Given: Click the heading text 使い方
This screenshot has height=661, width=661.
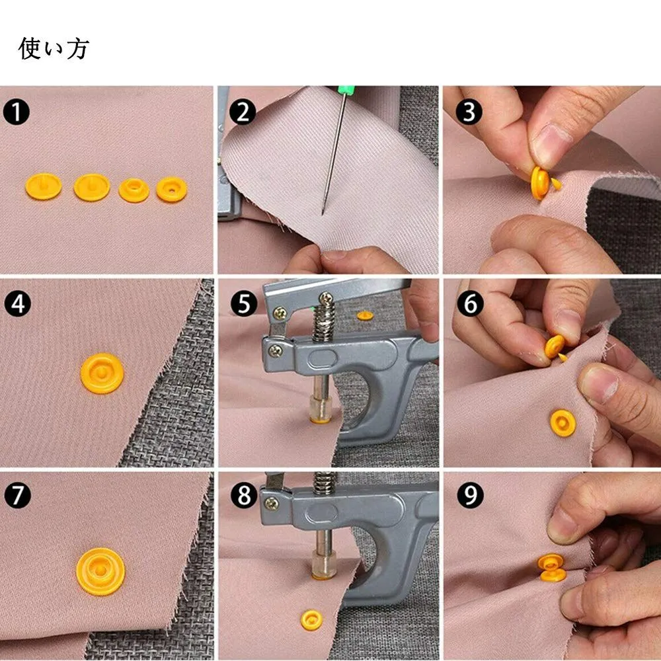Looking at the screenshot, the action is [54, 48].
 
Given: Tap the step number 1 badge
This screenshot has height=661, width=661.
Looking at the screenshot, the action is [16, 112].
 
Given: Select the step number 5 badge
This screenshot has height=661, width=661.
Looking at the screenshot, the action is [244, 304].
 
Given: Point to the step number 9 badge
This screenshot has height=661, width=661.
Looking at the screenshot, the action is [470, 495].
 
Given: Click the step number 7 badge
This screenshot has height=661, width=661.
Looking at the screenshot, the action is [17, 495].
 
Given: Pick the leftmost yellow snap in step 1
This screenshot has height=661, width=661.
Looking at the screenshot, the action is [44, 186].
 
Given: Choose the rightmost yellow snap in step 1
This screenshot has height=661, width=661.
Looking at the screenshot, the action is [172, 190].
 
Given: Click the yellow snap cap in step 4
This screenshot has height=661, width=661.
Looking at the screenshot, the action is [102, 373].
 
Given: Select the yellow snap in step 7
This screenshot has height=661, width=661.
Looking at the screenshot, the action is [100, 571].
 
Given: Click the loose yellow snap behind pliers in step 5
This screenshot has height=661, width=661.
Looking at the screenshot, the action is [365, 315].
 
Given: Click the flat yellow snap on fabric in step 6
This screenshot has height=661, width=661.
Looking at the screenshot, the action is [563, 422].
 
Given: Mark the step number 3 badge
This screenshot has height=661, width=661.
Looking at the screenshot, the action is [469, 112].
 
